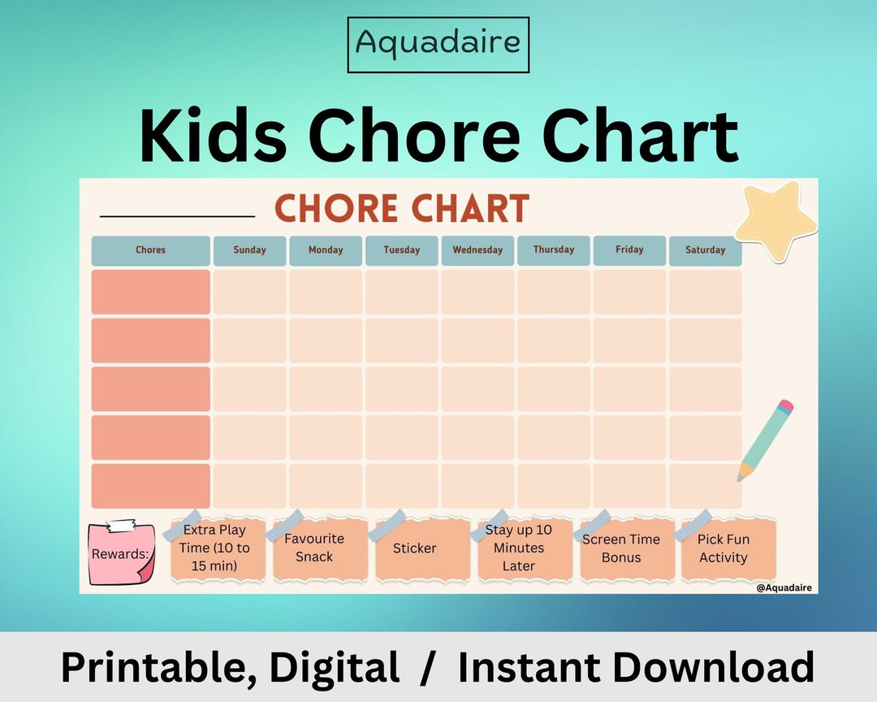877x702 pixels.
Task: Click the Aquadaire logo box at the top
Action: click(438, 44)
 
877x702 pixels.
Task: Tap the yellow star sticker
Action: click(775, 219)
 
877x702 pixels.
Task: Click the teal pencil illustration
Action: click(764, 440)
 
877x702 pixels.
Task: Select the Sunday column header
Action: click(249, 250)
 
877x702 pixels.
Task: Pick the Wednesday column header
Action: click(477, 250)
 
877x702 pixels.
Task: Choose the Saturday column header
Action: click(705, 250)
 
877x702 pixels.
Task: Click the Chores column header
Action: click(150, 250)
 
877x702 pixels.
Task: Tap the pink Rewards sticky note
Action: click(121, 553)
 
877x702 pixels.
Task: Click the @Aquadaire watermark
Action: click(784, 587)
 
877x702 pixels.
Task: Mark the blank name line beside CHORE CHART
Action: click(177, 216)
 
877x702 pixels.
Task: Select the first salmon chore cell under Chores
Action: click(150, 292)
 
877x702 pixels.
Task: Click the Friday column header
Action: click(629, 250)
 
